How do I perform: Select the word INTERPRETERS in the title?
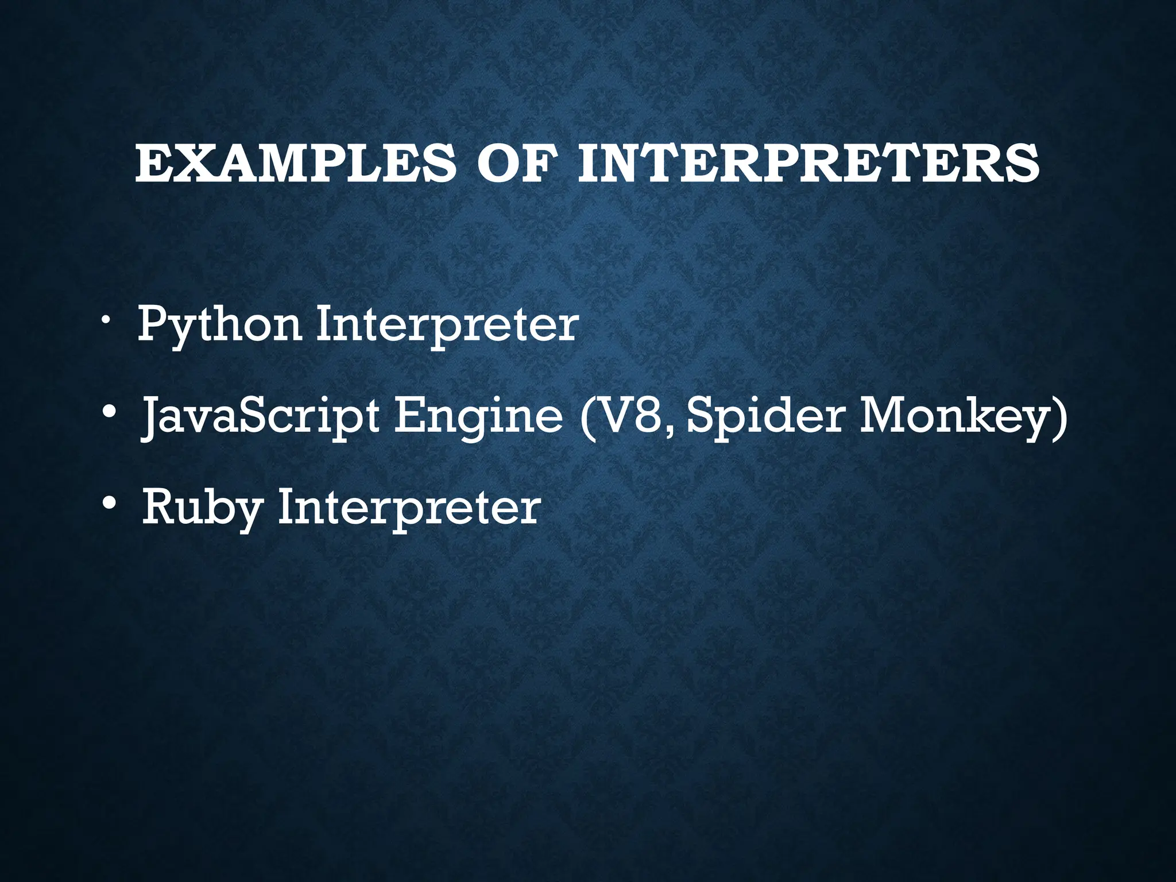(808, 164)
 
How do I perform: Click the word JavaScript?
(260, 417)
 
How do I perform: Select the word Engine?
(479, 417)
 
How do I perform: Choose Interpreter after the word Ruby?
(409, 508)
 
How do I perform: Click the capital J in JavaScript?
(149, 417)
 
